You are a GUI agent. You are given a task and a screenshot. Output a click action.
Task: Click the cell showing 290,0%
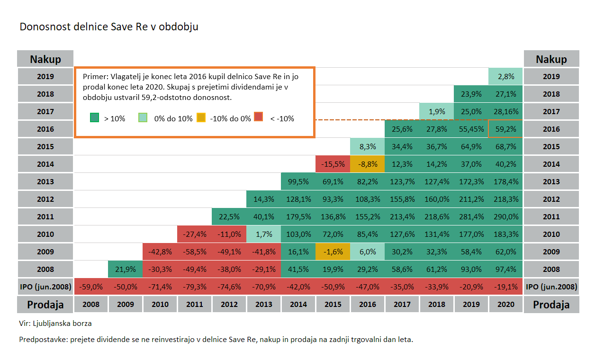(x=505, y=216)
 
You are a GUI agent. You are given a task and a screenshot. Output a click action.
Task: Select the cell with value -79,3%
(x=194, y=287)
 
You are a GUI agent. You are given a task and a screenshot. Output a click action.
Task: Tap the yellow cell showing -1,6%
(x=333, y=252)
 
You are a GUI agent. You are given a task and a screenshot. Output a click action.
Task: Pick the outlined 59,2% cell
(x=505, y=129)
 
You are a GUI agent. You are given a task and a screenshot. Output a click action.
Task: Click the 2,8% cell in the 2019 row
(x=505, y=76)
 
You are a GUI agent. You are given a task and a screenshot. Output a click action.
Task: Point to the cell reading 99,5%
(x=298, y=181)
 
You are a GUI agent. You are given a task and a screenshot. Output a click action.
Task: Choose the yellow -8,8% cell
(x=367, y=164)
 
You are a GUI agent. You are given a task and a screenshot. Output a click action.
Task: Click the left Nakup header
(x=45, y=59)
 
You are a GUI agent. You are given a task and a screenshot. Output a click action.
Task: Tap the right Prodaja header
(x=551, y=304)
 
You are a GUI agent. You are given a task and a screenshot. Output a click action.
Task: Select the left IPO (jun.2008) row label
(x=45, y=287)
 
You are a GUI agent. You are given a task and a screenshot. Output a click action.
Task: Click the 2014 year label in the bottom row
(x=298, y=304)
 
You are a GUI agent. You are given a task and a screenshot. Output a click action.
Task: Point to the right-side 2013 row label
(x=551, y=181)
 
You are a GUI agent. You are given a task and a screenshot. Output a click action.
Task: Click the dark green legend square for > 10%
(x=95, y=117)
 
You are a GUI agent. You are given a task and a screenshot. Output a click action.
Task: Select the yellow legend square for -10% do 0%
(x=201, y=117)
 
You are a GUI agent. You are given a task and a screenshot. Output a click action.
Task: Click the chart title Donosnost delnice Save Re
(x=108, y=27)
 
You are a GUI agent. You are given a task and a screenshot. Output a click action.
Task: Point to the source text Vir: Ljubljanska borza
(x=55, y=324)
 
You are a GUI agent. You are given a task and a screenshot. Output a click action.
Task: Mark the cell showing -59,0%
(x=90, y=287)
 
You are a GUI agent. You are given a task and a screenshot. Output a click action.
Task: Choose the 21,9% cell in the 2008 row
(x=125, y=269)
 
